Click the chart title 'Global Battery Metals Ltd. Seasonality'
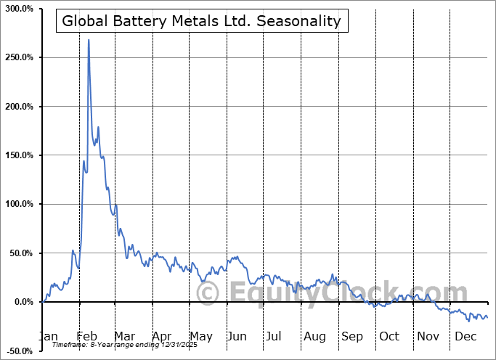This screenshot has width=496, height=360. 201,21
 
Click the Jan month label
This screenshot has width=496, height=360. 47,336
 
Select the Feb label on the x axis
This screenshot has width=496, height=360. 86,336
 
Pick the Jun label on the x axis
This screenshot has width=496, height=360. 236,336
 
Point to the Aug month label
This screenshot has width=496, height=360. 315,336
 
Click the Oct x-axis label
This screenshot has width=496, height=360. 390,336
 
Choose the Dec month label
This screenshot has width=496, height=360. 465,336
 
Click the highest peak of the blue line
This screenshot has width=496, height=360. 89,40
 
